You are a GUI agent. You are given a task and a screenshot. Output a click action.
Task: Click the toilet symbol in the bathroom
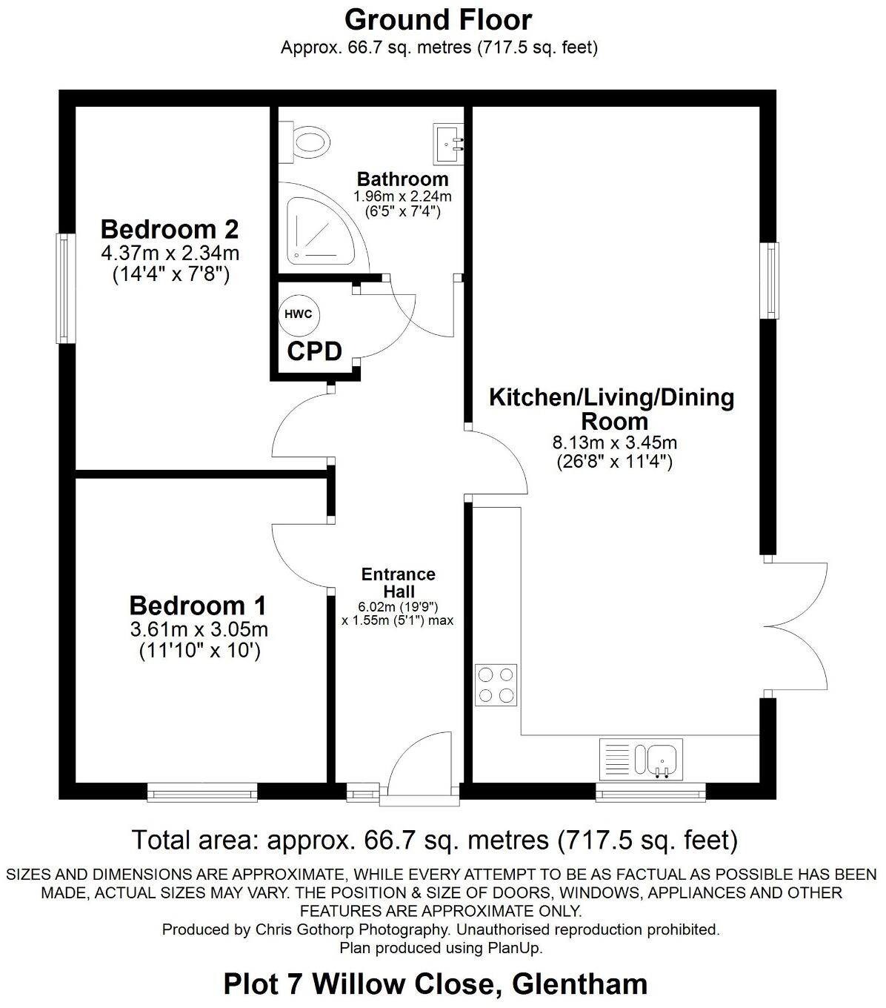pyautogui.click(x=306, y=142)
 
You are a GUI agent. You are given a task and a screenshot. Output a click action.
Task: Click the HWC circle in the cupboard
pyautogui.click(x=298, y=314)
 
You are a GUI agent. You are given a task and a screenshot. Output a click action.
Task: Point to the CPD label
pyautogui.click(x=314, y=351)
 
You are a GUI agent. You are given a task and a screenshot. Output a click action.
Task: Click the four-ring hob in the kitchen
pyautogui.click(x=496, y=686)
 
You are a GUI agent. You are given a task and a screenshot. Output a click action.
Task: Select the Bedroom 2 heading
pyautogui.click(x=170, y=228)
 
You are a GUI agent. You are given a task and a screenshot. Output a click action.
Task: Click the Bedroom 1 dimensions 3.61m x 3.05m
pyautogui.click(x=199, y=631)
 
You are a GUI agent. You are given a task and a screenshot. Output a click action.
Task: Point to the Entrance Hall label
pyautogui.click(x=398, y=583)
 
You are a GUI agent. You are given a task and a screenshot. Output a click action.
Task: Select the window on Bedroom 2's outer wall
pyautogui.click(x=67, y=288)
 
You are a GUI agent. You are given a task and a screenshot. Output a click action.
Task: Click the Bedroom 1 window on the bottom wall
pyautogui.click(x=202, y=793)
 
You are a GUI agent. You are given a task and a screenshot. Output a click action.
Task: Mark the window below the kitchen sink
pyautogui.click(x=650, y=793)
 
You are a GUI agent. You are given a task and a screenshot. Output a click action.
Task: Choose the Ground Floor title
pyautogui.click(x=439, y=20)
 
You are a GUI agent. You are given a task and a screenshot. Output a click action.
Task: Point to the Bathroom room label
pyautogui.click(x=402, y=179)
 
